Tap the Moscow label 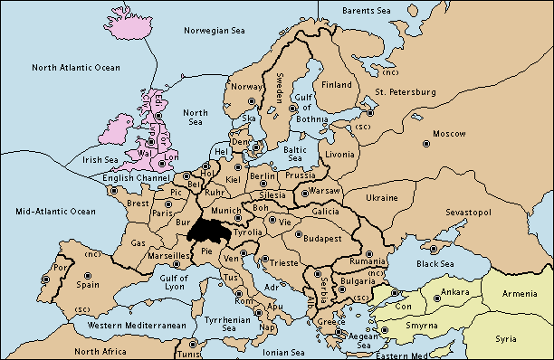(450, 133)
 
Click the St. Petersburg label (399, 91)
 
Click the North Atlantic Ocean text (75, 68)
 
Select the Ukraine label (381, 197)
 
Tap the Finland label (337, 85)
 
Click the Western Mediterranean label (137, 325)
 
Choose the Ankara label (454, 292)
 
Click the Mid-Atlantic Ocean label (55, 211)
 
